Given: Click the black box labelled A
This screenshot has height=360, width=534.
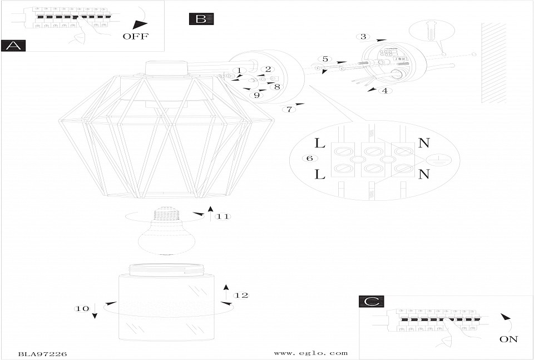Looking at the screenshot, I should click(13, 46).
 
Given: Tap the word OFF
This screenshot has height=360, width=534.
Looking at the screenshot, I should click(136, 37).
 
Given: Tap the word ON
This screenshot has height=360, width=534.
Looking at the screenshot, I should click(508, 339).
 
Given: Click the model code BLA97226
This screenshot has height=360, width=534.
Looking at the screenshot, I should click(42, 353).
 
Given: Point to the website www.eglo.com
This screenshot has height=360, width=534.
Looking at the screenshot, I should click(311, 353).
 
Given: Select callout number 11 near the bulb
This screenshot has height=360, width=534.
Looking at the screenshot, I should click(223, 216).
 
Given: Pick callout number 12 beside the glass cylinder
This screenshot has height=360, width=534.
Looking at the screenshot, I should click(240, 295).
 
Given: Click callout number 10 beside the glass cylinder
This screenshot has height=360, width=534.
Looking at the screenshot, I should click(82, 308).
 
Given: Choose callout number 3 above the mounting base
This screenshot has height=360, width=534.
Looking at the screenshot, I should click(363, 37).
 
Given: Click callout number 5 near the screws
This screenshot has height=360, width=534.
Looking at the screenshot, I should click(325, 59).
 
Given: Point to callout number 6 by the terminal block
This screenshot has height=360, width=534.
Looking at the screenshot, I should click(309, 158).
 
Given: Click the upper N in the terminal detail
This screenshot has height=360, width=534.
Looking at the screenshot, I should click(424, 142).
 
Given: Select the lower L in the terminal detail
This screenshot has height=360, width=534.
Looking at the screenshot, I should click(319, 174).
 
